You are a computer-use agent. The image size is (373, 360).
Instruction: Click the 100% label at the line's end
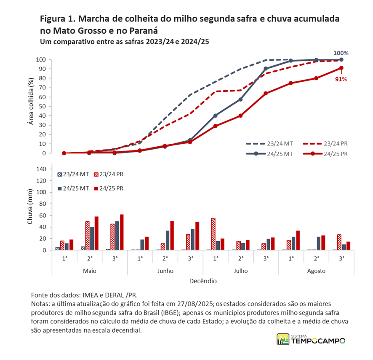click(x=341, y=53)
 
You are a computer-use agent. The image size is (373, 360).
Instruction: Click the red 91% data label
click(x=341, y=79)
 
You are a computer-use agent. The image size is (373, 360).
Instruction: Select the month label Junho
click(x=165, y=271)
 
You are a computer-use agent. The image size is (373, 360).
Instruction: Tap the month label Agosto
click(x=316, y=271)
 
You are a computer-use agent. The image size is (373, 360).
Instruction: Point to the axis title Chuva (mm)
click(x=31, y=210)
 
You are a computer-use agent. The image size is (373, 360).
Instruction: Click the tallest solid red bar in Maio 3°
click(x=122, y=232)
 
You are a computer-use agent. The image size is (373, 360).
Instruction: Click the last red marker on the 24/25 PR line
click(x=341, y=68)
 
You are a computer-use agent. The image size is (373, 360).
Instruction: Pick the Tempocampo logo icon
click(x=282, y=339)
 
